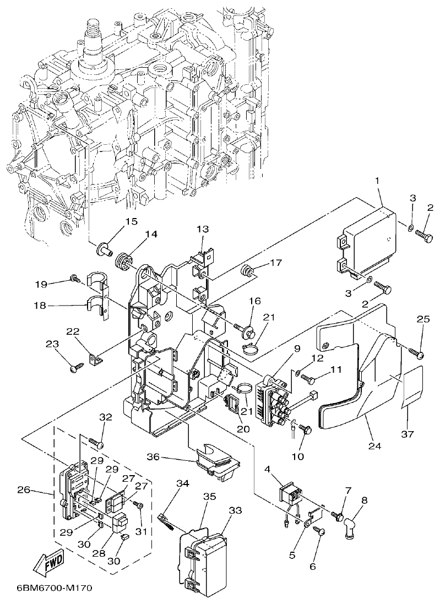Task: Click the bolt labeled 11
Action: click(x=309, y=379)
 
